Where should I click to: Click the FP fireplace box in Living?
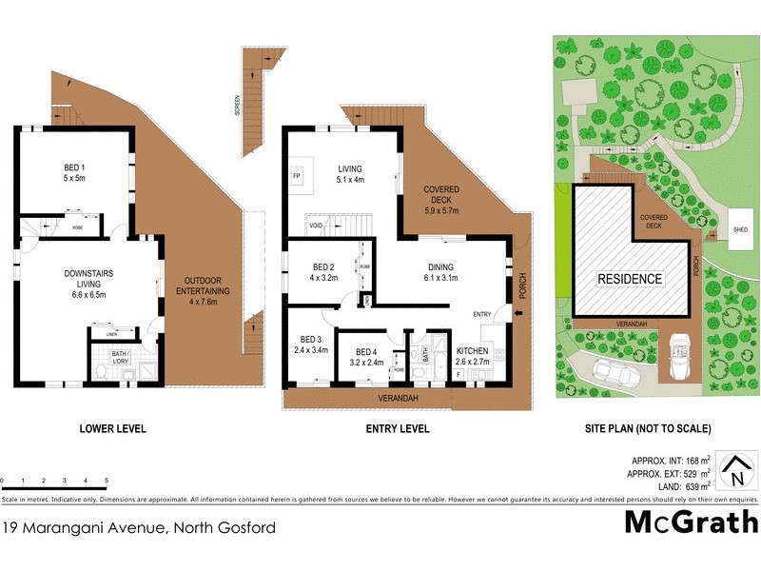pyautogui.click(x=297, y=177)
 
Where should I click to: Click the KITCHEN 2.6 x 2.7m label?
pyautogui.click(x=472, y=356)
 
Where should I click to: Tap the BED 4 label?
pyautogui.click(x=364, y=356)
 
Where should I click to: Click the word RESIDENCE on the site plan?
pyautogui.click(x=630, y=279)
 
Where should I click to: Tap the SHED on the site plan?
pyautogui.click(x=741, y=229)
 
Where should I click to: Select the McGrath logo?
pyautogui.click(x=691, y=522)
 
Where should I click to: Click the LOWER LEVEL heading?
pyautogui.click(x=112, y=429)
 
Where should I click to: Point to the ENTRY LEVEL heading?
pyautogui.click(x=397, y=429)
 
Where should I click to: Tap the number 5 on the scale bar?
pyautogui.click(x=107, y=481)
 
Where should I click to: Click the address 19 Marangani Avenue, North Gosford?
pyautogui.click(x=141, y=527)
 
